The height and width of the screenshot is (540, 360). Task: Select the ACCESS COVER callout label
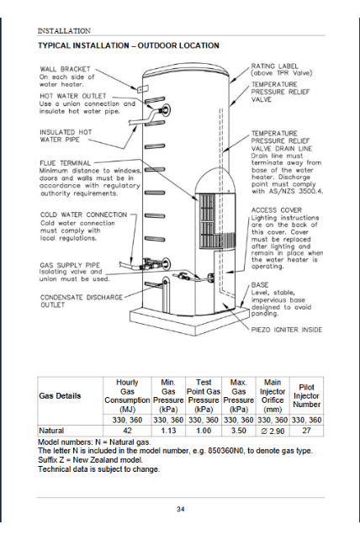[x=276, y=210]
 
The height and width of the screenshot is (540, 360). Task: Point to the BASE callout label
[x=260, y=284]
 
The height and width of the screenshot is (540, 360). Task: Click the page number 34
[x=180, y=509]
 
